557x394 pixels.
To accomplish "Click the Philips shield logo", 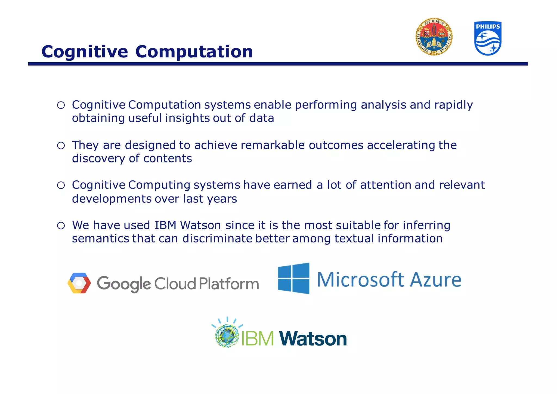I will tap(488, 38).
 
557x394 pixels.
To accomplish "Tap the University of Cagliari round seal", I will tap(434, 37).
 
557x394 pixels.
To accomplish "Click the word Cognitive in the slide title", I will tap(85, 52).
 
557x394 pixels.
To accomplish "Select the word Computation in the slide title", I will tap(194, 52).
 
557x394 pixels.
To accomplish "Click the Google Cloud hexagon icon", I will tap(79, 283).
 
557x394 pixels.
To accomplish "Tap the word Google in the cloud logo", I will tap(124, 284).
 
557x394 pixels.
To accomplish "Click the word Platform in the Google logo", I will tap(229, 284).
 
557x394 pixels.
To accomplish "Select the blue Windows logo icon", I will tap(294, 278).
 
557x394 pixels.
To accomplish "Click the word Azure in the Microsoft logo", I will tap(436, 280).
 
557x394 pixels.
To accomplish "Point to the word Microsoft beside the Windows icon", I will tap(361, 280).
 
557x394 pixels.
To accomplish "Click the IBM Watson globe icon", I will tap(227, 335).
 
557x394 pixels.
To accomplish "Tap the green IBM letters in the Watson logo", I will tap(257, 339).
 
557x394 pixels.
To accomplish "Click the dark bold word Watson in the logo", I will tap(313, 339).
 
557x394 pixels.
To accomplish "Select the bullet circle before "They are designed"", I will tap(61, 146).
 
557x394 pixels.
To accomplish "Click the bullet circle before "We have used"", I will tap(61, 226).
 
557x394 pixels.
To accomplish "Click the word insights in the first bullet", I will tap(187, 118).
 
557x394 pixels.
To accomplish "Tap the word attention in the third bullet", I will tap(386, 185).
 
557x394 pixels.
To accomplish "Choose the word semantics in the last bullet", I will tap(100, 239).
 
